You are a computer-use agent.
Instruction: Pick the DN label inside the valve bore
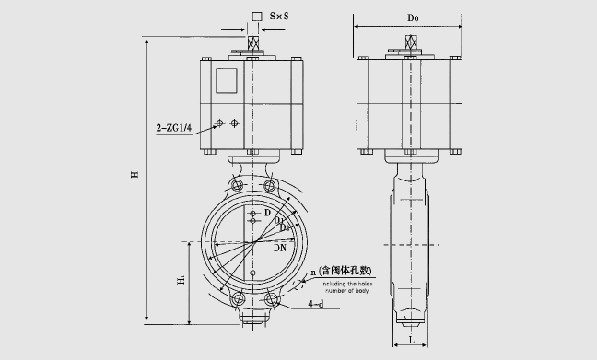(x=281, y=247)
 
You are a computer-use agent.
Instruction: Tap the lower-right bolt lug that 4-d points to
(x=271, y=300)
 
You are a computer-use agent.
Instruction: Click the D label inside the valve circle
(x=268, y=214)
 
